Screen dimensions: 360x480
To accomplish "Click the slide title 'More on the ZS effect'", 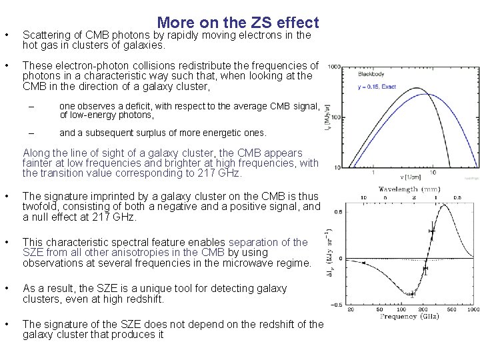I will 238,23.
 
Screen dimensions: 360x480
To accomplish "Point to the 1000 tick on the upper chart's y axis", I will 334,67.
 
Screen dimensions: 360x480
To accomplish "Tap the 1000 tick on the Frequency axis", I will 473,309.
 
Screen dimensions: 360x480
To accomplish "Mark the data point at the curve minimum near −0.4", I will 412,294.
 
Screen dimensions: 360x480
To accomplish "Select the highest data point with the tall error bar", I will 432,232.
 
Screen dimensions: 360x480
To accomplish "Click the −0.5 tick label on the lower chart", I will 339,305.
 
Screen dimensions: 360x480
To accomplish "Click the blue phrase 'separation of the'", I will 268,242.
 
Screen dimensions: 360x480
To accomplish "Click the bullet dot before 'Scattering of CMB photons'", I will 6,35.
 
